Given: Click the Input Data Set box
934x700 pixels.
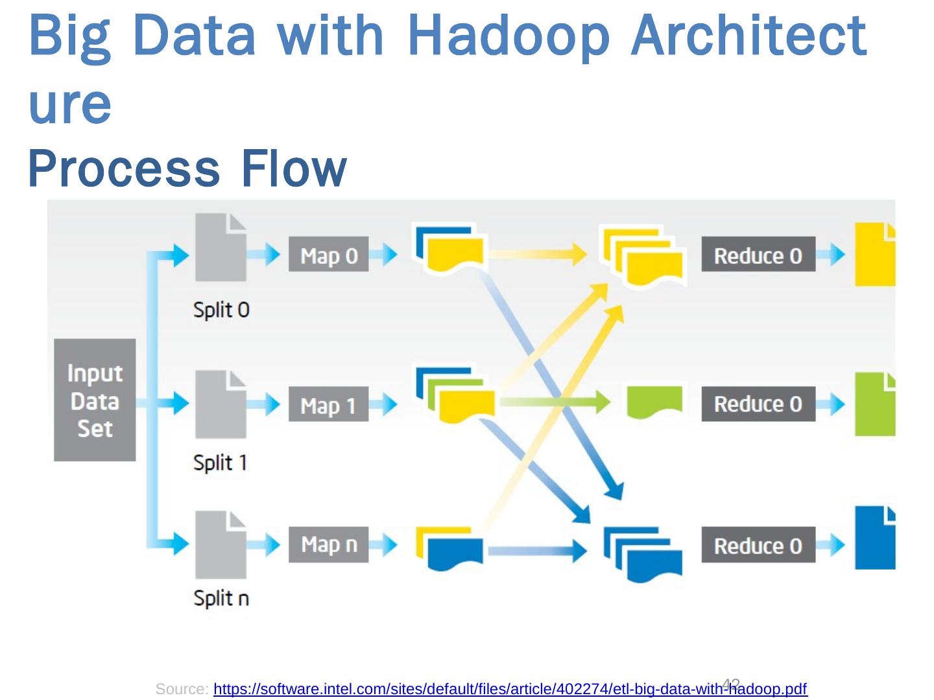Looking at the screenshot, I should pyautogui.click(x=95, y=400).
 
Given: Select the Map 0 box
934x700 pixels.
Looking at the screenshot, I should pyautogui.click(x=328, y=255).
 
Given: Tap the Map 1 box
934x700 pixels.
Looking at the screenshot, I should pyautogui.click(x=328, y=404).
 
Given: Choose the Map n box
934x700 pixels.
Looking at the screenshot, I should pyautogui.click(x=328, y=544).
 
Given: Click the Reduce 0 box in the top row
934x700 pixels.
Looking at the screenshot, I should pyautogui.click(x=758, y=255).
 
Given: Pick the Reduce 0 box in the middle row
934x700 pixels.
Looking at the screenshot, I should pyautogui.click(x=758, y=404).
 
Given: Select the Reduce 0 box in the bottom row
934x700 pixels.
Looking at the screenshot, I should pyautogui.click(x=758, y=545).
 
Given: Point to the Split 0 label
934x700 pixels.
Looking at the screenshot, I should pyautogui.click(x=221, y=310).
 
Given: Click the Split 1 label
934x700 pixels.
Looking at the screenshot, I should pyautogui.click(x=220, y=463).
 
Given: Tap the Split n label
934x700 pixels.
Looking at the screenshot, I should pyautogui.click(x=221, y=598).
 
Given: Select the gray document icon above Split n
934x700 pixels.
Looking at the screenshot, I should pyautogui.click(x=221, y=545).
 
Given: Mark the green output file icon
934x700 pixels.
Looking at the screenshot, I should pyautogui.click(x=875, y=404).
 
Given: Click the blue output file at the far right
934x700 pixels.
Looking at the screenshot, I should pyautogui.click(x=875, y=538).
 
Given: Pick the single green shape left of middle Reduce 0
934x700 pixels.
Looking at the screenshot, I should pyautogui.click(x=654, y=402).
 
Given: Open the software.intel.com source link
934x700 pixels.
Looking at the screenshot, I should pyautogui.click(x=510, y=689).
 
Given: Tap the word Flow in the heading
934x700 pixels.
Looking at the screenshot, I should pyautogui.click(x=293, y=169).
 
